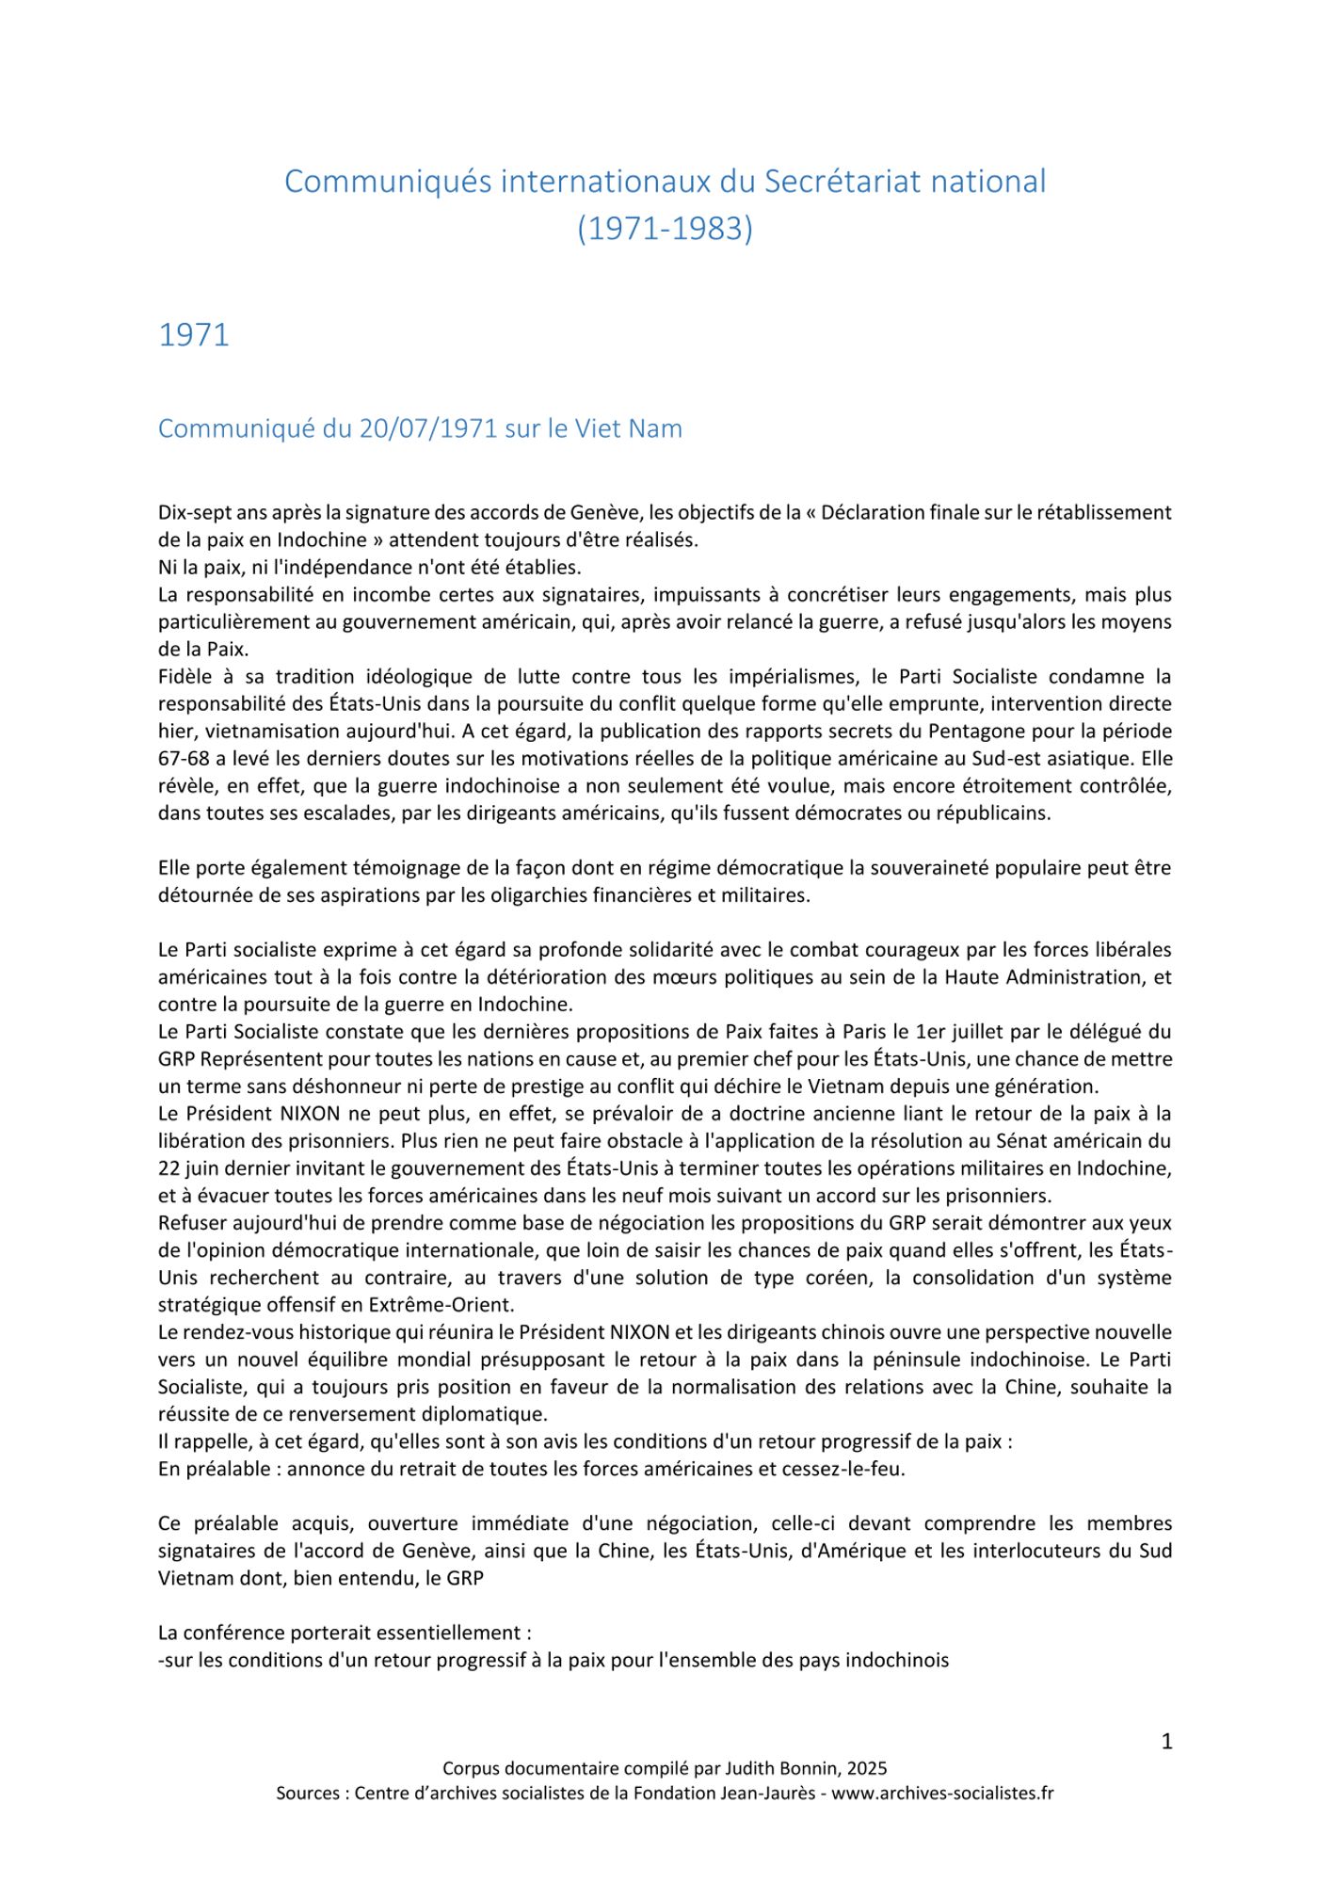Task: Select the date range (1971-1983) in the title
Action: point(665,229)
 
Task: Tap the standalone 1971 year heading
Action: point(194,335)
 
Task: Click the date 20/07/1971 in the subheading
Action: point(428,428)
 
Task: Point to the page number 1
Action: point(1166,1742)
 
